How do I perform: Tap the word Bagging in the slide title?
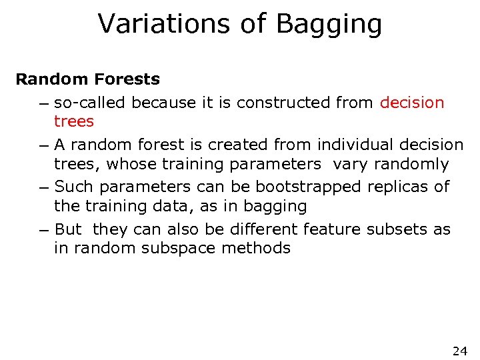coord(329,25)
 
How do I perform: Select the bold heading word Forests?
coord(127,79)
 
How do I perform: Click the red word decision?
coord(411,103)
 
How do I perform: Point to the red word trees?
coord(74,121)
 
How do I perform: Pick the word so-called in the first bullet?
coord(91,103)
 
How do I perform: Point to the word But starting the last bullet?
coord(68,229)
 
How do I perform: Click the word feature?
coord(328,229)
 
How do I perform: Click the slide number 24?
coord(459,351)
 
